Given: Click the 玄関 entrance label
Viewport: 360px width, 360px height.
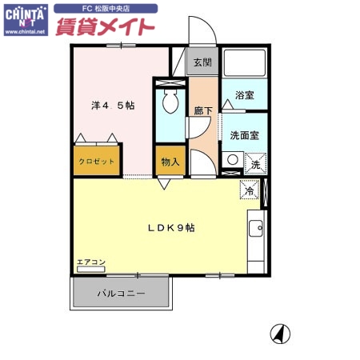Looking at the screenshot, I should [x=202, y=62].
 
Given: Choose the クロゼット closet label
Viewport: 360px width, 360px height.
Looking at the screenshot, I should [x=96, y=162].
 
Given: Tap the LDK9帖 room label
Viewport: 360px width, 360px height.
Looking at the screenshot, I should [x=170, y=227].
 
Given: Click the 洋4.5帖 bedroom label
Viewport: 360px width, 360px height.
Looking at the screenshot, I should [x=111, y=105].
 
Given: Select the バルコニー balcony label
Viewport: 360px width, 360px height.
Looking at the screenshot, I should [x=121, y=294].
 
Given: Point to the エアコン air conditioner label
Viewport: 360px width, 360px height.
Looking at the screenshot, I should [x=90, y=262].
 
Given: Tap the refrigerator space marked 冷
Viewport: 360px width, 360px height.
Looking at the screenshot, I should [x=249, y=191].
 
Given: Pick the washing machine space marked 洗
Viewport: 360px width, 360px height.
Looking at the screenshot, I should [x=254, y=163].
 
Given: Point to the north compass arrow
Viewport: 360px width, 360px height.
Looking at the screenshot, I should [x=282, y=333].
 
